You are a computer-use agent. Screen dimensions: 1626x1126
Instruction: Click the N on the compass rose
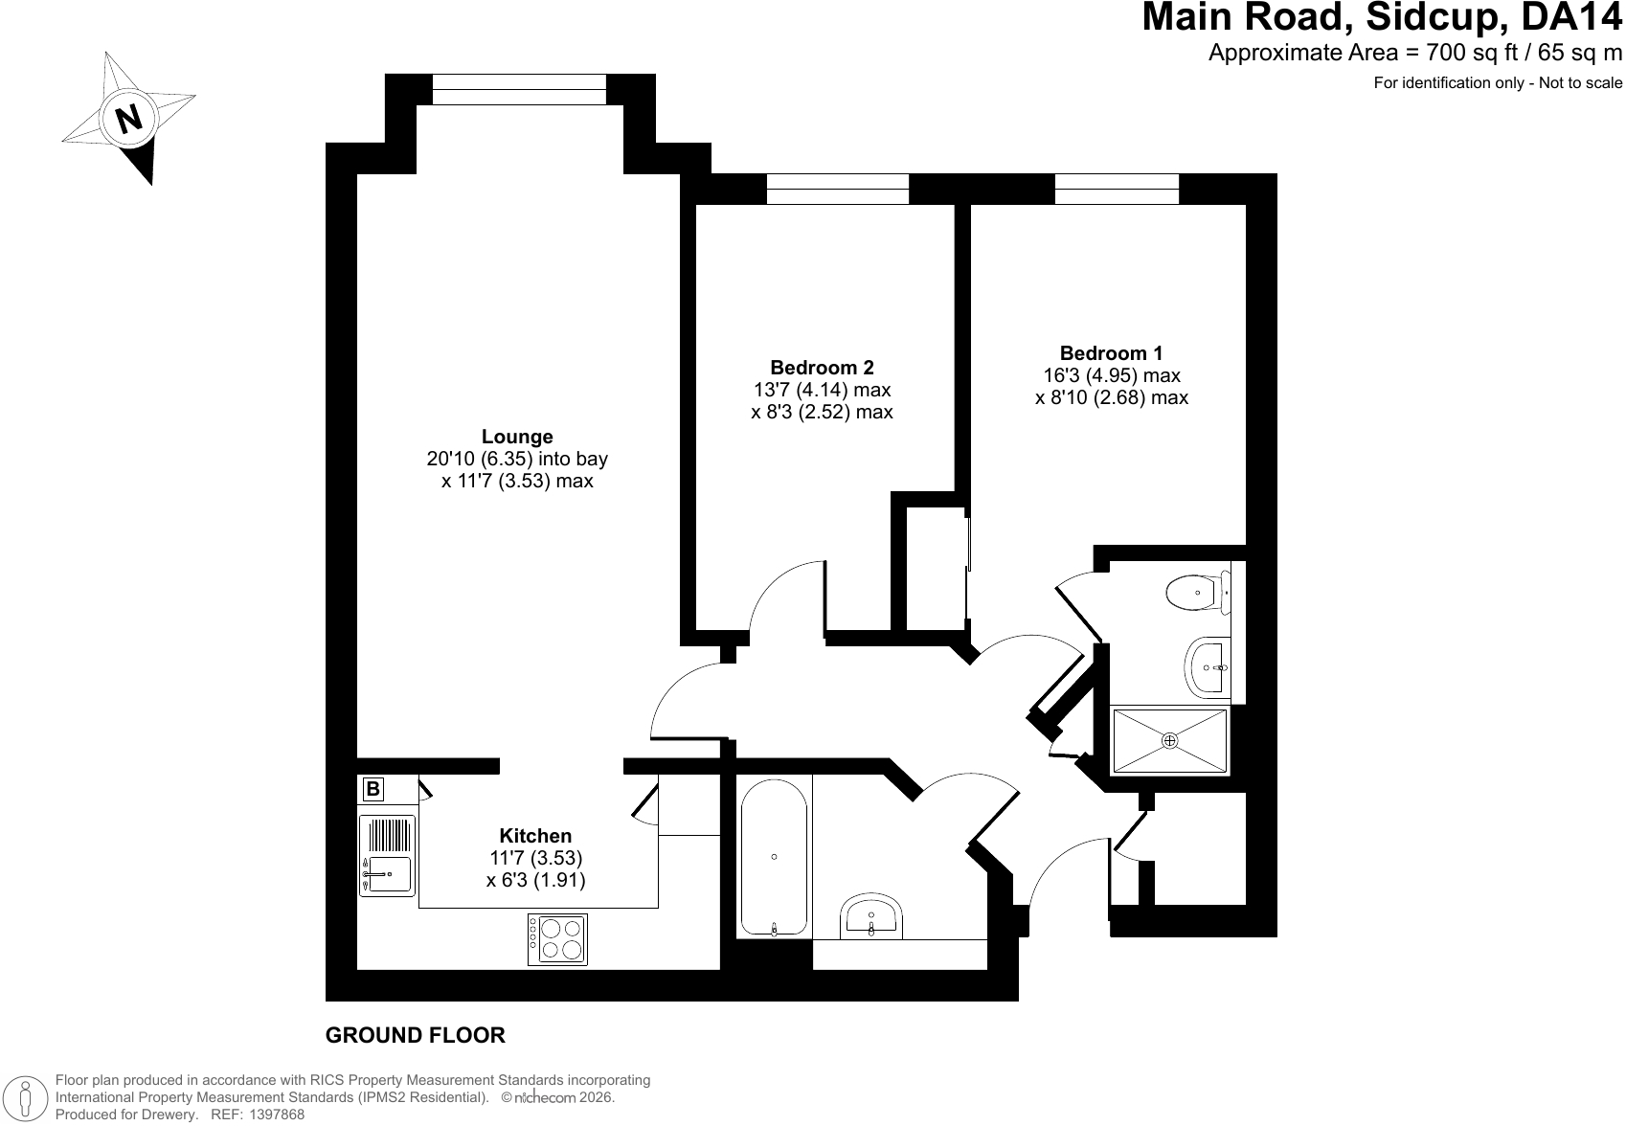(129, 119)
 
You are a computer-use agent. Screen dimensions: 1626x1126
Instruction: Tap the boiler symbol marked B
(373, 788)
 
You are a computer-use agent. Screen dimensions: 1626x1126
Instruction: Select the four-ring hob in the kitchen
(556, 939)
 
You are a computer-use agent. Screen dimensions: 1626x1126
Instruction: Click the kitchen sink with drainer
(388, 855)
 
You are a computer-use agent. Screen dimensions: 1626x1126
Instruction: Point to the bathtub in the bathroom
(774, 857)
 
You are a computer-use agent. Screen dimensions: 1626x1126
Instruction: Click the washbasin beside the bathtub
(871, 915)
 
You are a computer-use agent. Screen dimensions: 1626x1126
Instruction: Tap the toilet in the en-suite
(1198, 593)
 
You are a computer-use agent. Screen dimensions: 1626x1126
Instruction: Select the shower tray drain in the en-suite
(1169, 740)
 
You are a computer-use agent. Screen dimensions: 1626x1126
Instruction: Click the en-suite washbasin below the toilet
(1208, 667)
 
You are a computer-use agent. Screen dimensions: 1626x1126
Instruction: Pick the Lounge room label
(517, 437)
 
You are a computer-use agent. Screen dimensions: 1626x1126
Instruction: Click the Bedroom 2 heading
(822, 368)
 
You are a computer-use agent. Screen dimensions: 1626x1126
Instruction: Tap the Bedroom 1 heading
(1111, 353)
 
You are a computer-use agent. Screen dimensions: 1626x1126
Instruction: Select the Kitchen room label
(535, 836)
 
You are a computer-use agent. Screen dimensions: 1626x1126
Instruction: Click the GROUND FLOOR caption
(416, 1035)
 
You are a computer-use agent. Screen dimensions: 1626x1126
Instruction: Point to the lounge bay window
(519, 90)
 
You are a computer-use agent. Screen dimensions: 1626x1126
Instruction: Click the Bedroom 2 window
(838, 189)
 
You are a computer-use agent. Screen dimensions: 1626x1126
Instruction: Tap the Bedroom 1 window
(1117, 189)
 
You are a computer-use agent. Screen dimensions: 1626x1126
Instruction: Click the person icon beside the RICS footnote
(26, 1097)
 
